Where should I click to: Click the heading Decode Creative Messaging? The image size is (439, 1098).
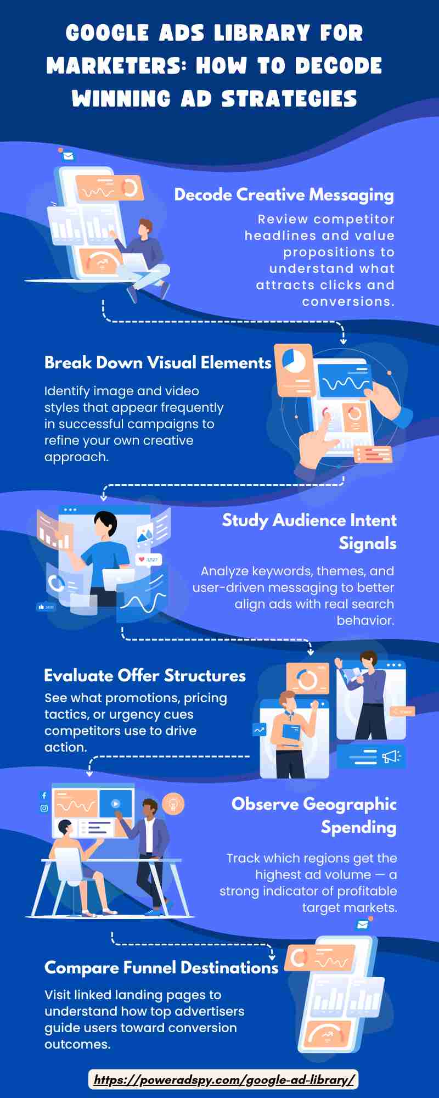point(284,195)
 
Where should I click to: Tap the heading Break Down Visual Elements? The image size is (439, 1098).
point(157,363)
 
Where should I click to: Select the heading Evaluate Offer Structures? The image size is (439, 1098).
point(145,676)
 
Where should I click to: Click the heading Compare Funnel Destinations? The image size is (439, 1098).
point(161,968)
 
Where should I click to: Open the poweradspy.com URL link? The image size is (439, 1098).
point(224,1080)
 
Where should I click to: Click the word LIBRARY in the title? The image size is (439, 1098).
point(262,33)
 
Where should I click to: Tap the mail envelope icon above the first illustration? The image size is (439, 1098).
point(68,156)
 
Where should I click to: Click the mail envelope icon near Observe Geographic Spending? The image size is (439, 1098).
point(362,925)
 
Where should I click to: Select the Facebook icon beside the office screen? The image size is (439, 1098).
point(44,796)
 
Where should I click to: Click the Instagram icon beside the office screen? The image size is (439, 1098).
point(44,808)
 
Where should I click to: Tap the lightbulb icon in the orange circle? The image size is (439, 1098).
point(173,804)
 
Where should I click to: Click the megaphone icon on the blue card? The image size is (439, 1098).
point(391,757)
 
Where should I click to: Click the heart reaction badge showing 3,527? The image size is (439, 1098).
point(148,559)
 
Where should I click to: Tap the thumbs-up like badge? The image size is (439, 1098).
point(46,607)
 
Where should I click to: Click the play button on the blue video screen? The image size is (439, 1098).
point(116,803)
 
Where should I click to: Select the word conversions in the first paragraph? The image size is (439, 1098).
point(347,302)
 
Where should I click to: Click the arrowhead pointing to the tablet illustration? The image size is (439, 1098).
point(344,341)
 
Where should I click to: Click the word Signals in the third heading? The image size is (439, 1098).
point(367,544)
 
